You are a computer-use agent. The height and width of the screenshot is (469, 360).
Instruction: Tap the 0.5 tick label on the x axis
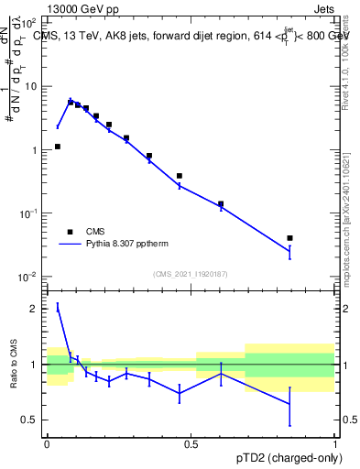[x=191, y=444]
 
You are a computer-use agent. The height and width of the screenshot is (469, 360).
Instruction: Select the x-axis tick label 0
[x=47, y=444]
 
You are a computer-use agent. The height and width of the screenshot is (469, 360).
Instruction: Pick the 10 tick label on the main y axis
[x=32, y=86]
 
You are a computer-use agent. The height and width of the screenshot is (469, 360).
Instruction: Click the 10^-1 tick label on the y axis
[x=30, y=213]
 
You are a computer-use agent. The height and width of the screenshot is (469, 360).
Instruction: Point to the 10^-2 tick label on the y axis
[x=30, y=277]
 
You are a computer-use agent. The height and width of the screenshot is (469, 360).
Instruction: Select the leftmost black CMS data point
[x=58, y=147]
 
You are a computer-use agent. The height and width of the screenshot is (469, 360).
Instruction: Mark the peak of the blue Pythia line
[x=71, y=100]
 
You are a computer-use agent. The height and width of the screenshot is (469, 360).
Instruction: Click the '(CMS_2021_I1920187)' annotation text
[x=191, y=273]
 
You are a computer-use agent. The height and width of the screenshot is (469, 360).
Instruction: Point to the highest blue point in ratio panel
[x=58, y=309]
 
